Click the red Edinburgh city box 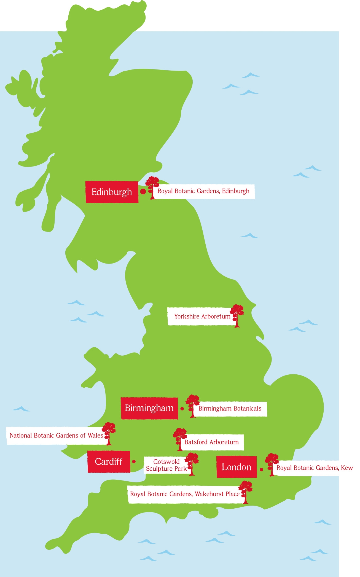[112, 192]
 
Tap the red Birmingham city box [149, 408]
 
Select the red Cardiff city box [109, 461]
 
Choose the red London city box [237, 467]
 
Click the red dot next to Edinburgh [143, 192]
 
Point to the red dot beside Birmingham [182, 409]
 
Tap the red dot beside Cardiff [134, 461]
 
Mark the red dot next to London [261, 469]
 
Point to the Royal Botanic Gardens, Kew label [315, 468]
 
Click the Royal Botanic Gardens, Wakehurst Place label [185, 494]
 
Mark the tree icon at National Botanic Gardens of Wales [109, 433]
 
